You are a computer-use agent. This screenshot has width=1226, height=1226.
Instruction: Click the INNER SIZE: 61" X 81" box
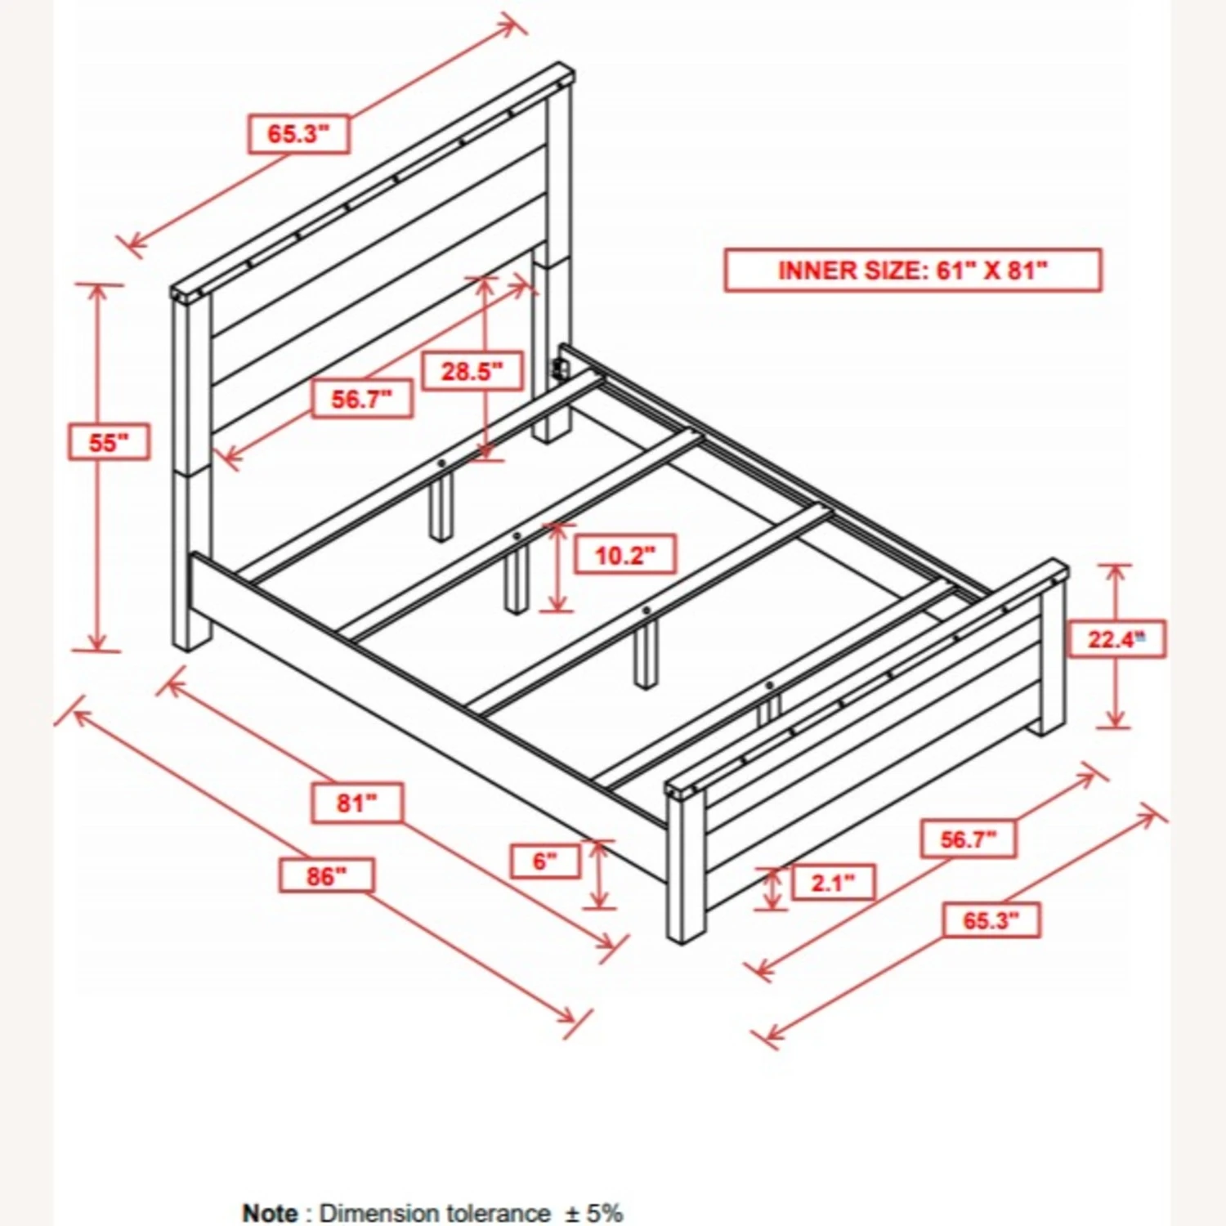[x=912, y=271]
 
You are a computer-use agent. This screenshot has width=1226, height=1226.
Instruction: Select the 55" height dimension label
[x=109, y=443]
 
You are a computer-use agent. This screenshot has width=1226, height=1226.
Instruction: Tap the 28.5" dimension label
[x=472, y=372]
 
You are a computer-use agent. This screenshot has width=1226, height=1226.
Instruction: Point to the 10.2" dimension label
[x=625, y=556]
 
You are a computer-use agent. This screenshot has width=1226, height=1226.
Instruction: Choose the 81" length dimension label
[x=357, y=803]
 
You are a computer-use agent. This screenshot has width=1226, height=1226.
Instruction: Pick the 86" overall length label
[x=326, y=876]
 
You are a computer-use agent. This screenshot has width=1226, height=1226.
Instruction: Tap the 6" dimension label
[x=545, y=861]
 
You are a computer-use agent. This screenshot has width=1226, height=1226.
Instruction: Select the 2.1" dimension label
[x=833, y=883]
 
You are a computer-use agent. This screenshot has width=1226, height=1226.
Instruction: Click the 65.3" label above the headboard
[x=298, y=134]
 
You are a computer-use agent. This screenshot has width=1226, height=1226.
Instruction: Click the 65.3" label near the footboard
[x=991, y=921]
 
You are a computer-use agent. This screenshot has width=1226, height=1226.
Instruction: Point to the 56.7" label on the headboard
[x=361, y=400]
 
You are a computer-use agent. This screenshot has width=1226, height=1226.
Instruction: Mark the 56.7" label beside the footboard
[x=969, y=839]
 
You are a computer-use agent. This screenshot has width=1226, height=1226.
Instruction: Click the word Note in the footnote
[x=271, y=1212]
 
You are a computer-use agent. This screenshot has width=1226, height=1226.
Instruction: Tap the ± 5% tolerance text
[x=595, y=1212]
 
